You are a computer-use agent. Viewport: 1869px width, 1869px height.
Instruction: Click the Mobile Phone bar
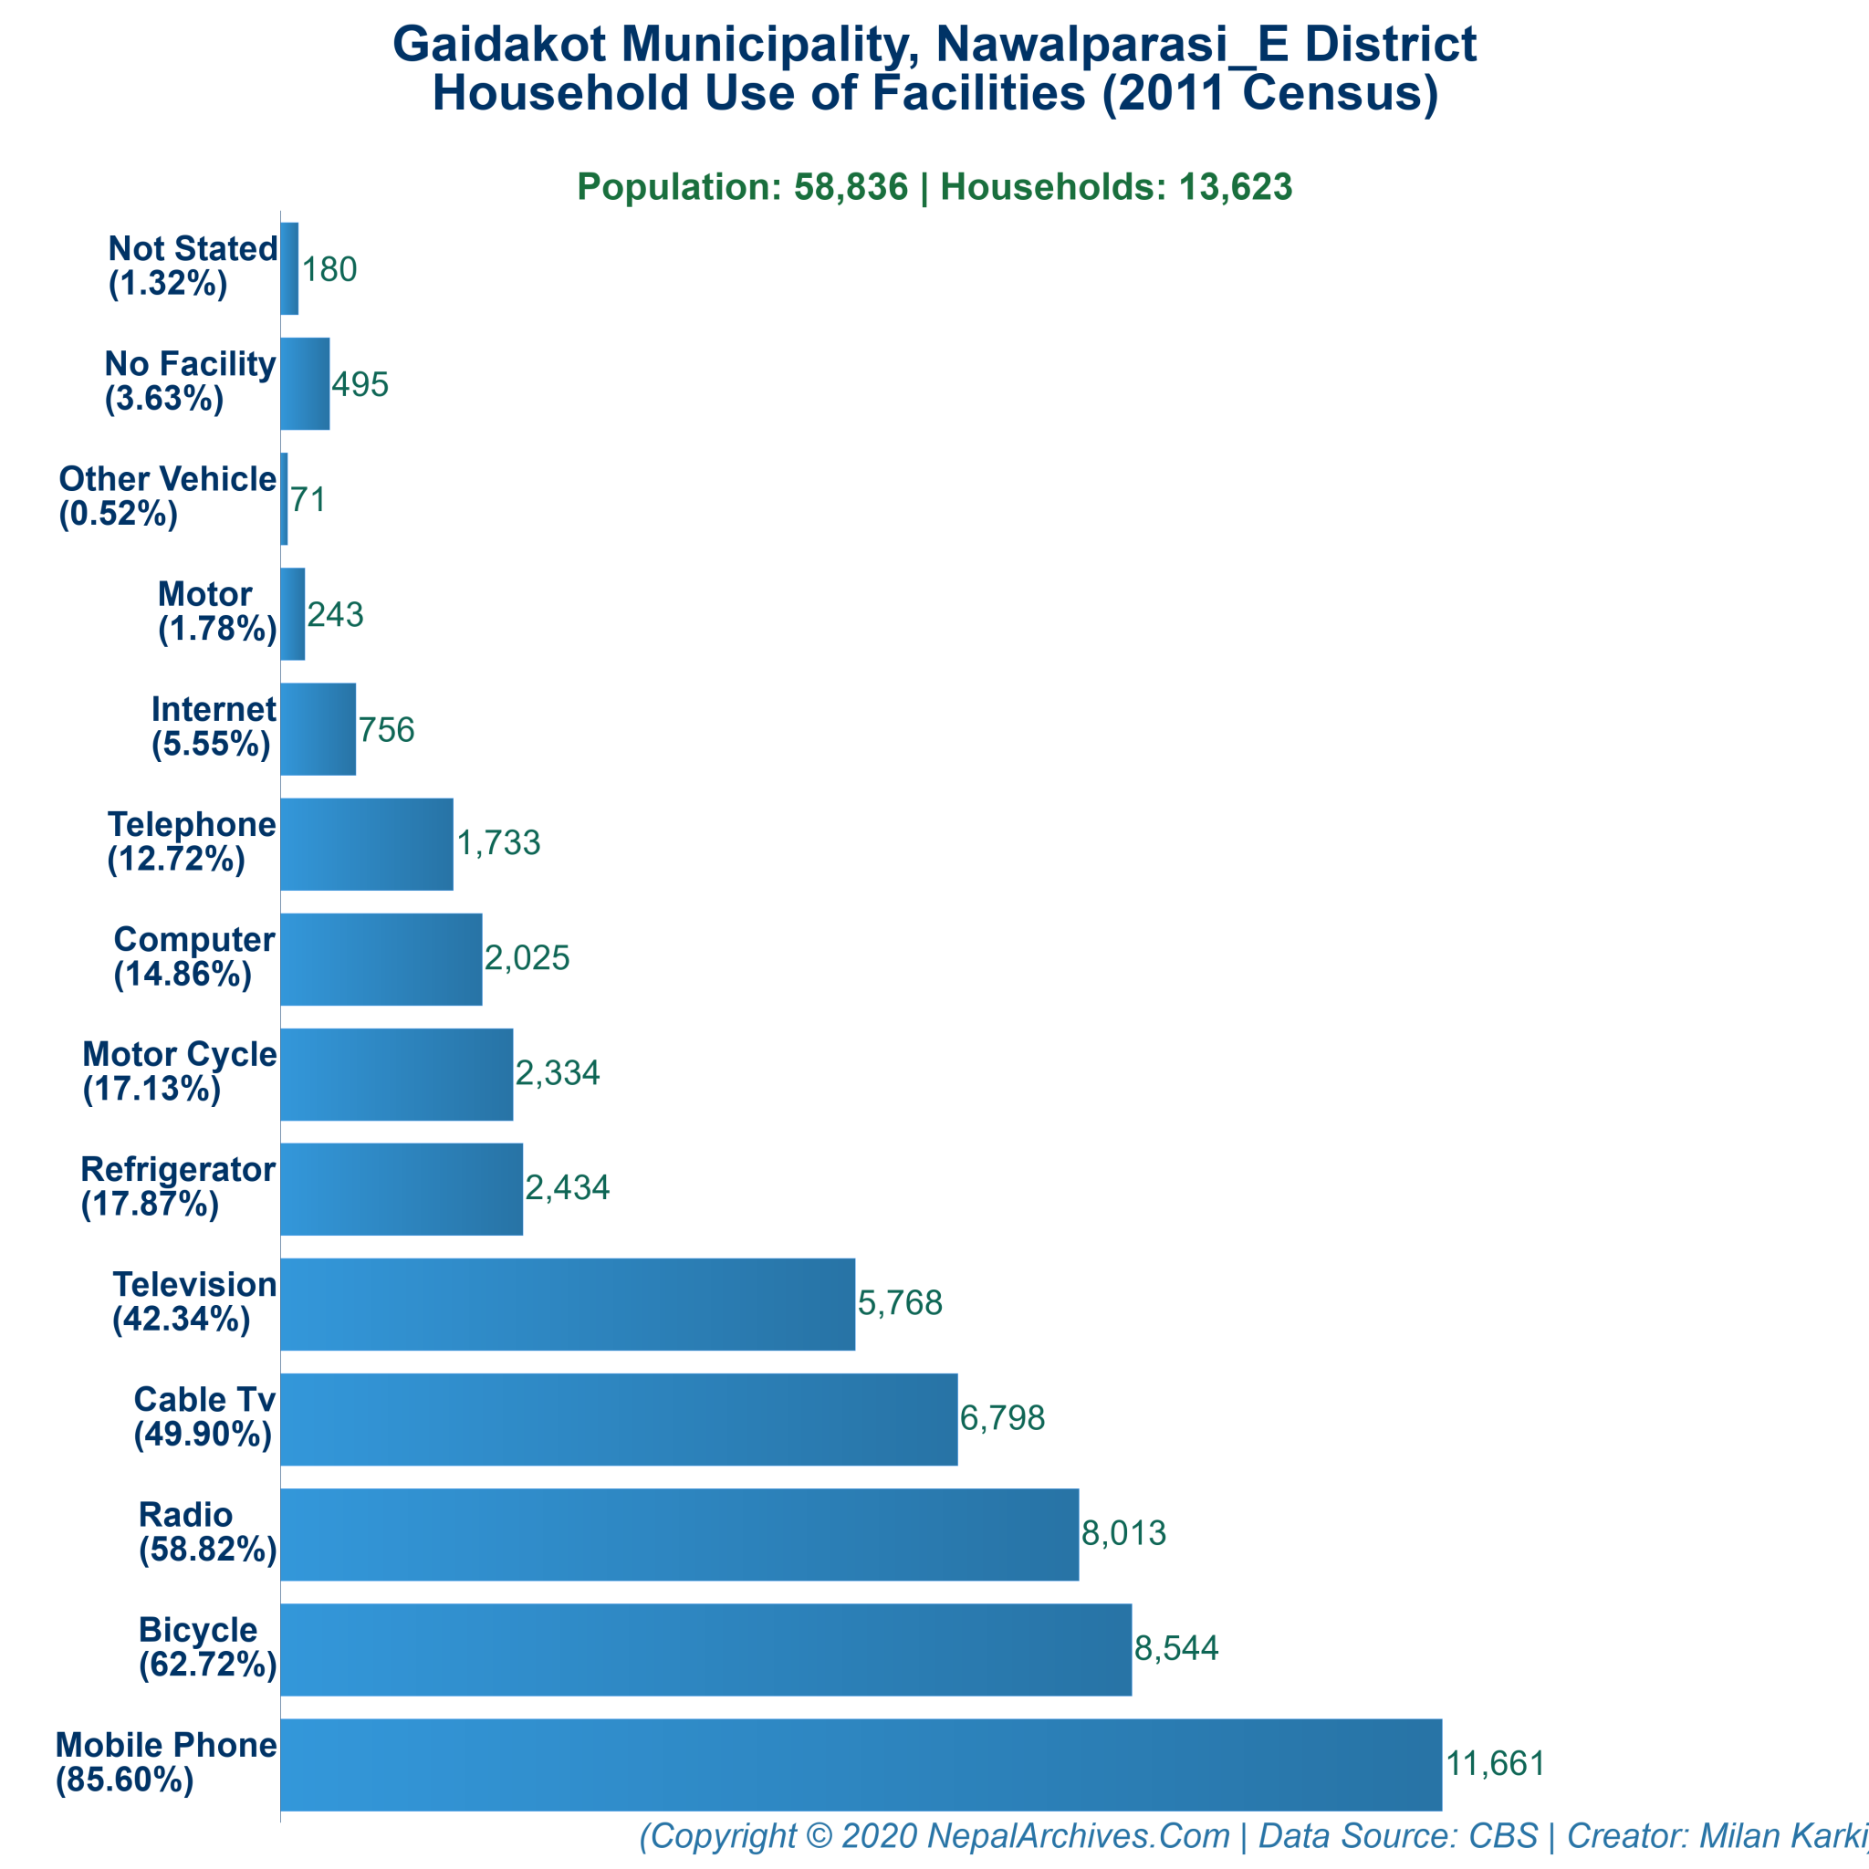tap(861, 1765)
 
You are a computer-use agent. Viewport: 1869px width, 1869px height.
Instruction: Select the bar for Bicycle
tap(706, 1649)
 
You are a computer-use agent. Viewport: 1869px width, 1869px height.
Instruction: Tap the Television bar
tap(568, 1304)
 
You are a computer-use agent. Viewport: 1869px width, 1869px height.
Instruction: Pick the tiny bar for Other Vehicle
tap(285, 499)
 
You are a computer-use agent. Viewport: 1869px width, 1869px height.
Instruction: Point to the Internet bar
tap(318, 729)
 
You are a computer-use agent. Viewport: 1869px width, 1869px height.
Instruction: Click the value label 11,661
tap(1496, 1763)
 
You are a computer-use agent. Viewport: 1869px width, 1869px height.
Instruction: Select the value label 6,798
tap(1002, 1418)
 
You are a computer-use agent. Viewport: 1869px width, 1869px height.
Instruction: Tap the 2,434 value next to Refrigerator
tap(567, 1188)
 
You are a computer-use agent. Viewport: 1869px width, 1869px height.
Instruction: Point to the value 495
tap(360, 385)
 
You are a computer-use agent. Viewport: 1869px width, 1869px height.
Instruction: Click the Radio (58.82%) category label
tap(207, 1532)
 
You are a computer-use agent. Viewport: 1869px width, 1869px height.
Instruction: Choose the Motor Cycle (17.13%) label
tap(179, 1072)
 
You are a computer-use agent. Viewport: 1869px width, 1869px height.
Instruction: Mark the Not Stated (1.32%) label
tap(193, 266)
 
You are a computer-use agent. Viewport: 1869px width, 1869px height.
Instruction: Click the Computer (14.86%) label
tap(193, 956)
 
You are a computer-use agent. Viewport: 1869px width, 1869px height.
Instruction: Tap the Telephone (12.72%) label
tap(192, 841)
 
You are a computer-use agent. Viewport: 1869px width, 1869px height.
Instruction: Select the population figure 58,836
tap(851, 187)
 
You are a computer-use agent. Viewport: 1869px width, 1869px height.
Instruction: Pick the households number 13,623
tap(1235, 187)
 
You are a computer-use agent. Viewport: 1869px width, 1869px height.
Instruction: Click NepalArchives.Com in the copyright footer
tap(1078, 1835)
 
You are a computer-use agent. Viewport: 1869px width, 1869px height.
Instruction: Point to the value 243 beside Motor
tap(335, 614)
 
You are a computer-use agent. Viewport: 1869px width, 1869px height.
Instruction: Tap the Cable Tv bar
tap(619, 1419)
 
